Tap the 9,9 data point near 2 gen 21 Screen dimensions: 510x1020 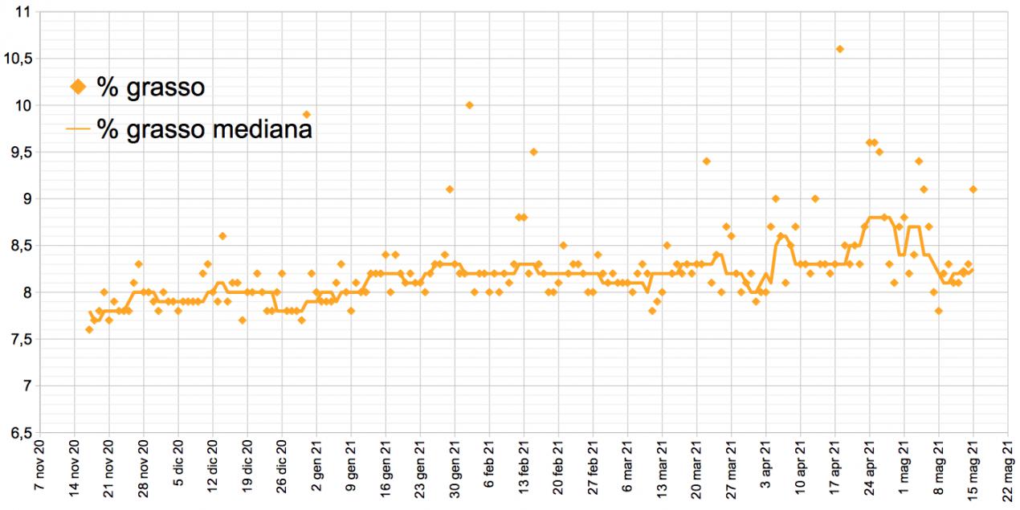coord(306,114)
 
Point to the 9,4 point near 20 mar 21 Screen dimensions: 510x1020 coord(706,161)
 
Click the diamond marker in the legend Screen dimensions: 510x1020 coord(78,87)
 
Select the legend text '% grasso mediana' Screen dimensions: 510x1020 coord(204,129)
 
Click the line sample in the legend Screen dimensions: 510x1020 coord(78,129)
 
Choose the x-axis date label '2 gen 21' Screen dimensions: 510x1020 coord(316,474)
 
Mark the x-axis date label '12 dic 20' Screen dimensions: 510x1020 coord(212,474)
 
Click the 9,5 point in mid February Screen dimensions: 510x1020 coord(533,152)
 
